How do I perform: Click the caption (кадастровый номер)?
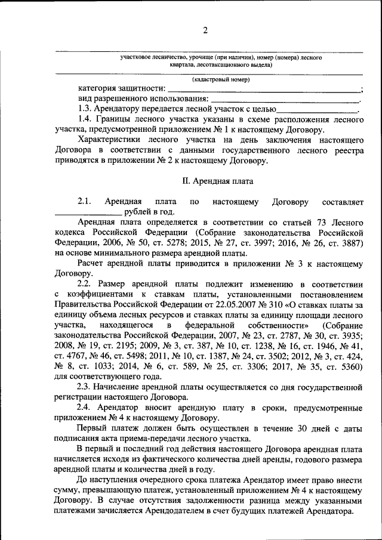(220, 79)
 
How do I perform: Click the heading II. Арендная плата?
(217, 180)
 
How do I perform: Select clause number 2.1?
(84, 201)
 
